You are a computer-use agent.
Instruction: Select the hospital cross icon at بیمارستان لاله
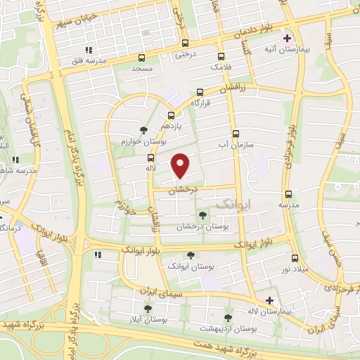(269, 300)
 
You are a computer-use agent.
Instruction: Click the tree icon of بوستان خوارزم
(143, 129)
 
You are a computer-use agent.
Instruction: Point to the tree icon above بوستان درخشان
(202, 215)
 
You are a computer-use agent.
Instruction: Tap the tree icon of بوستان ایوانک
(188, 257)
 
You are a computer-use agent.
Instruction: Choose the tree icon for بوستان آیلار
(148, 308)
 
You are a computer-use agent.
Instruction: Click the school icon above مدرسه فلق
(89, 50)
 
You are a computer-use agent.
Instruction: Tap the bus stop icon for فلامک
(222, 56)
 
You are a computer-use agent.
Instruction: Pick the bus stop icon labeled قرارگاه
(200, 91)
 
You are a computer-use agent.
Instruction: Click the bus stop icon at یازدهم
(171, 115)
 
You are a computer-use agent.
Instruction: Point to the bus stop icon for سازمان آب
(235, 132)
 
